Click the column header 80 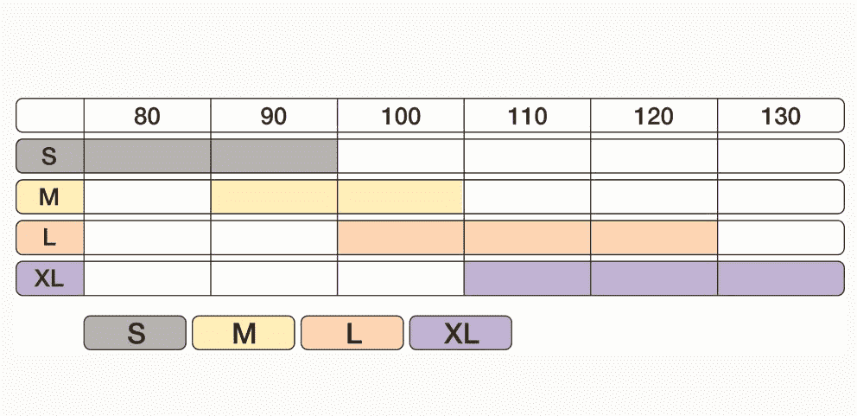pos(147,116)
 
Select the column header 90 pos(274,116)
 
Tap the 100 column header pos(401,116)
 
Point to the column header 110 pos(528,116)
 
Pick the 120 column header pos(654,116)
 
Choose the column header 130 pos(781,116)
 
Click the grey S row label pos(50,157)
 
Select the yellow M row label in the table pos(50,197)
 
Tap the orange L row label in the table pos(50,238)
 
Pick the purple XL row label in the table pos(50,278)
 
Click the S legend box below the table pos(135,333)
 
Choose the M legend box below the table pos(244,333)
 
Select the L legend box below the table pos(352,333)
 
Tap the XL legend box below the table pos(460,333)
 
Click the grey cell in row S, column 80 pos(147,157)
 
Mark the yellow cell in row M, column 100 pos(401,197)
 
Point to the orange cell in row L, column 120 pos(654,238)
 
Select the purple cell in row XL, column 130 pos(781,278)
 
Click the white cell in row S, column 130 pos(781,157)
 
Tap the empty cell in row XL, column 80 pos(147,278)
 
